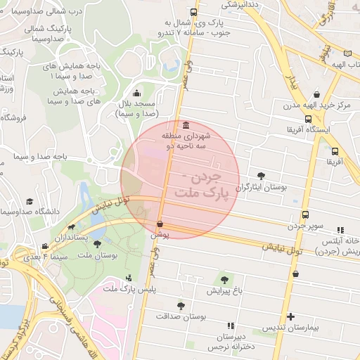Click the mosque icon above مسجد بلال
tap(136, 94)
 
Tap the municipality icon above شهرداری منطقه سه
tap(185, 125)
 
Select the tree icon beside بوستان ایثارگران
tap(262, 176)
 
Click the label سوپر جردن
tap(306, 226)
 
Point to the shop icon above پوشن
tap(160, 224)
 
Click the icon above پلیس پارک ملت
tap(127, 278)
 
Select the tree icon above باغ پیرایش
tap(224, 280)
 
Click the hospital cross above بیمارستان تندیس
tap(290, 317)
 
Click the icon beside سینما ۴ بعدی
tap(45, 247)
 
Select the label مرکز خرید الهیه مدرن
tap(316, 105)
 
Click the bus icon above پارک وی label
tap(194, 13)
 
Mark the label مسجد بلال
tap(137, 108)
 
